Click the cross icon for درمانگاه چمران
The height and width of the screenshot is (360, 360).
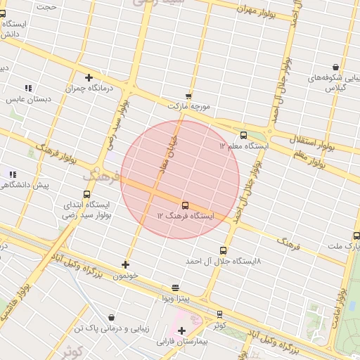[89, 78]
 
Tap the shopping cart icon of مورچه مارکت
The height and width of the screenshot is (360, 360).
[188, 96]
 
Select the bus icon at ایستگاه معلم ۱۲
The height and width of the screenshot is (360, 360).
[243, 135]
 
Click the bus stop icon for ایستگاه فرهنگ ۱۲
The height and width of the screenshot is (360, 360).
[185, 205]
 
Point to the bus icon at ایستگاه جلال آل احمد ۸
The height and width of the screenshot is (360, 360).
[224, 250]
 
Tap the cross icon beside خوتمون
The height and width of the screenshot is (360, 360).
[125, 264]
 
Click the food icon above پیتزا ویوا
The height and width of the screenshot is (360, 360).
[175, 288]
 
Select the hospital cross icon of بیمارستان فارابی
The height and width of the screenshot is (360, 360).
[182, 330]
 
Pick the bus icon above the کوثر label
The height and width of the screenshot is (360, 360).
[220, 314]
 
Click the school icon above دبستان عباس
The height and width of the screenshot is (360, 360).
[28, 88]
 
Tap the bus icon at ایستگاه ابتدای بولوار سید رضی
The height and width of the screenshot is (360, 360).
[87, 194]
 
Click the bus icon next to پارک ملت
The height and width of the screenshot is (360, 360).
[356, 236]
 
